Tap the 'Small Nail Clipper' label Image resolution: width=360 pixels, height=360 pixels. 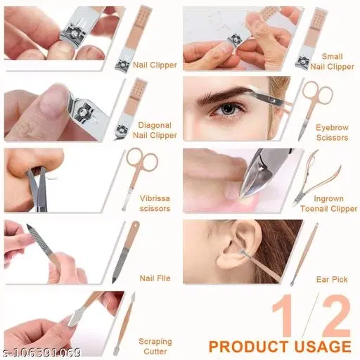[x=333, y=61]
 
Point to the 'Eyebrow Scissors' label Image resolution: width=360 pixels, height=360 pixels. [x=332, y=133]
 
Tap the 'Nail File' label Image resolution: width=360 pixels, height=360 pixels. [x=155, y=278]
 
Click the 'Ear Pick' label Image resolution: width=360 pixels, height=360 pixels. [x=332, y=279]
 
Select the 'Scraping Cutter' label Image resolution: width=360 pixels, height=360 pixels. [x=155, y=347]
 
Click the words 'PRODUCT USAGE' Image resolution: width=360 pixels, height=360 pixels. [x=280, y=347]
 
